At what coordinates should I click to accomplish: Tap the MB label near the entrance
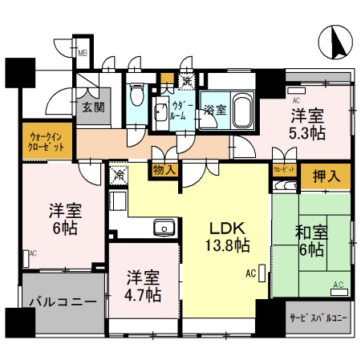click(x=82, y=55)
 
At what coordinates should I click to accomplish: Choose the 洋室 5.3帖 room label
click(x=307, y=124)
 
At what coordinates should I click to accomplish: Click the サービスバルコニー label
click(x=318, y=318)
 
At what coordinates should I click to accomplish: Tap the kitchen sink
click(x=164, y=229)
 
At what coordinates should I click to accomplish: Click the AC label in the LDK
click(x=249, y=274)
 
